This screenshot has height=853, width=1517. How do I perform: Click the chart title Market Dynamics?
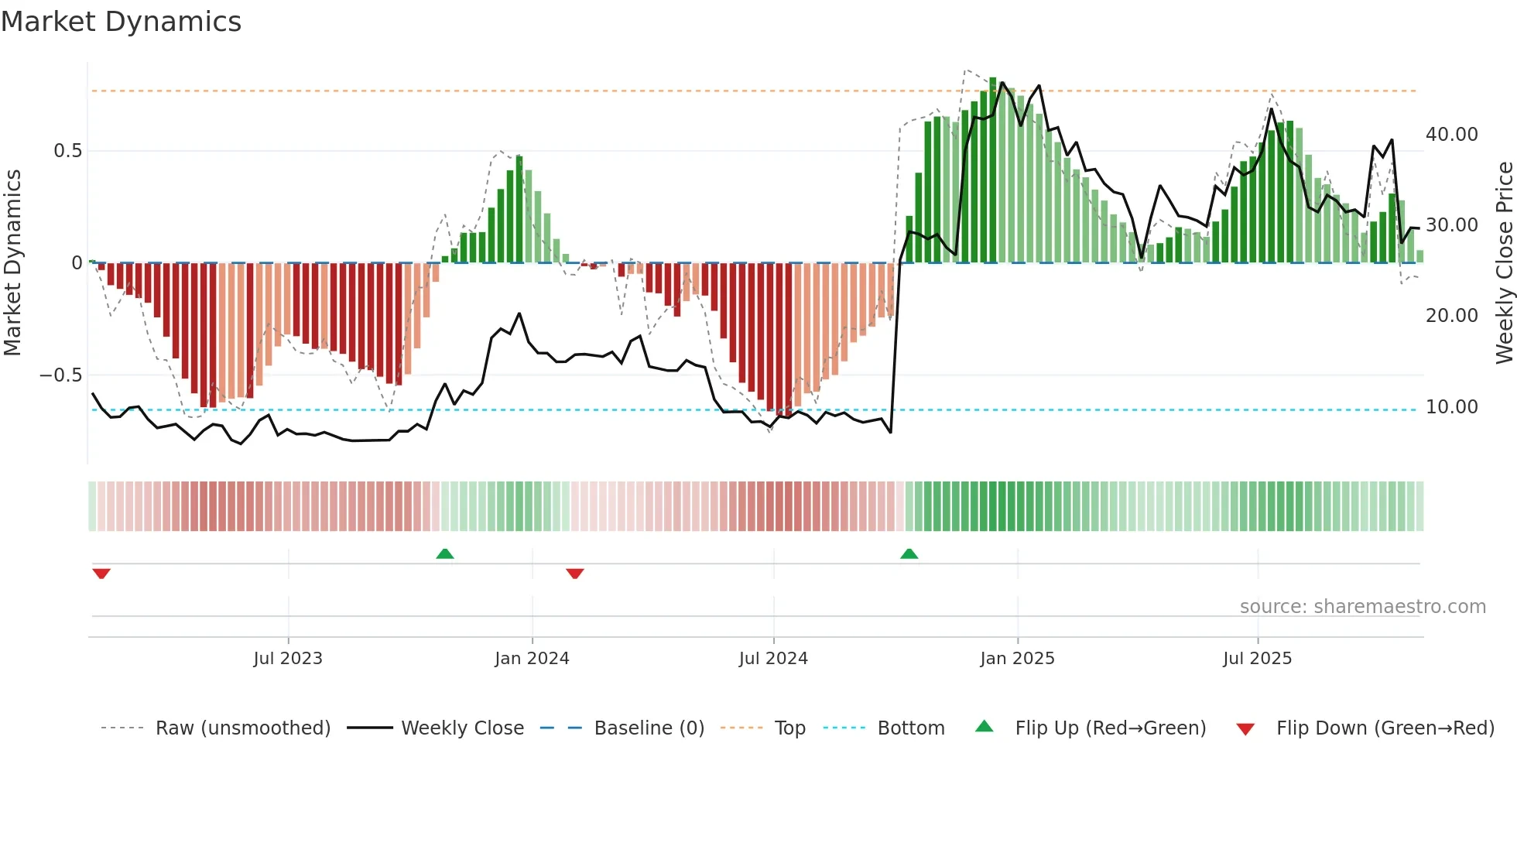click(121, 22)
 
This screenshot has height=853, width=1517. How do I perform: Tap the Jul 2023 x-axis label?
click(288, 659)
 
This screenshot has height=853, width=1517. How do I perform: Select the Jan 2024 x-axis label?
click(532, 659)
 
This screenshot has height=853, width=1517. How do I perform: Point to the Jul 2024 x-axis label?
click(773, 659)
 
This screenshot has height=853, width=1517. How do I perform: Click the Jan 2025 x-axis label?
click(1017, 659)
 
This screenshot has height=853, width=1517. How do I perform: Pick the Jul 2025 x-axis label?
click(1257, 659)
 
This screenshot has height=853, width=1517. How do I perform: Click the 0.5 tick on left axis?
click(67, 151)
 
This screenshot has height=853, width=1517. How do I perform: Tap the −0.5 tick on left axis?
click(61, 375)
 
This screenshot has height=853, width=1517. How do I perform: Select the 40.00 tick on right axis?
click(1451, 135)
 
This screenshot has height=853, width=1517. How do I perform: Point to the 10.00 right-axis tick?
click(1451, 407)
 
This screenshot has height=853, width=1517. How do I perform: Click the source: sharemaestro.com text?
click(1362, 607)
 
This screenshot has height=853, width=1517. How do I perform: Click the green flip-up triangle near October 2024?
click(909, 554)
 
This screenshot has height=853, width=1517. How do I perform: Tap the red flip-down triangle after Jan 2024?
click(575, 574)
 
